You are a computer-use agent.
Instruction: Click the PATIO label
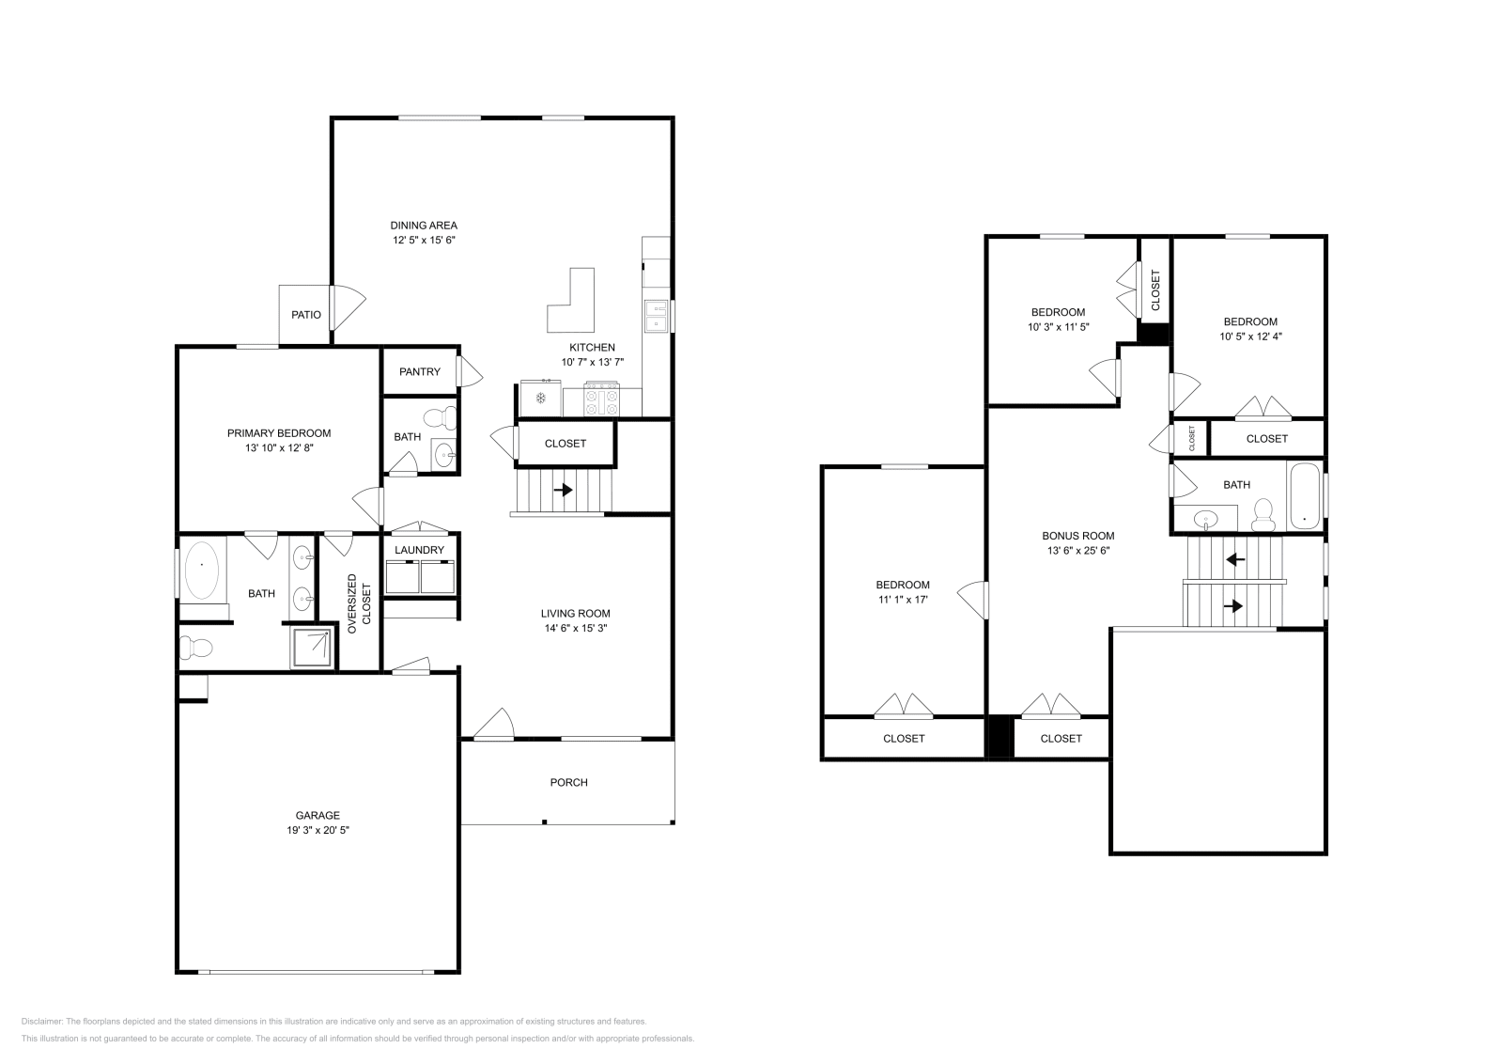(x=305, y=315)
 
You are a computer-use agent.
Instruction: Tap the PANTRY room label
(x=419, y=371)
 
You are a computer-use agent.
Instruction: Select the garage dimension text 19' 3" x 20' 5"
(x=318, y=830)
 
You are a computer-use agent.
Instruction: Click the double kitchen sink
(x=655, y=316)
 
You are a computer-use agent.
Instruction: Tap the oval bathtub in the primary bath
(x=202, y=570)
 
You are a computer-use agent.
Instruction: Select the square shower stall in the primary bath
(x=312, y=647)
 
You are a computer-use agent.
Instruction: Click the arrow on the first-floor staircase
(x=564, y=490)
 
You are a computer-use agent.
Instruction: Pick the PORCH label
(x=568, y=782)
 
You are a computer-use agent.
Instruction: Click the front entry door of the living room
(x=494, y=725)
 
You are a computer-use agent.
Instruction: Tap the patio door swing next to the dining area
(x=347, y=305)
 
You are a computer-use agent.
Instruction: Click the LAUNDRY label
(x=419, y=550)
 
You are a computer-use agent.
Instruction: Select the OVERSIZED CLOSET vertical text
(x=359, y=603)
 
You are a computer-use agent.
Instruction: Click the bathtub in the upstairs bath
(x=1304, y=496)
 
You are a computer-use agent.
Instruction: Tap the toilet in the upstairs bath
(x=1263, y=515)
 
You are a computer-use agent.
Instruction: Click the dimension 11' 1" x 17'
(x=903, y=599)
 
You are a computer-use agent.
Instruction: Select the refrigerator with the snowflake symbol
(x=541, y=398)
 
